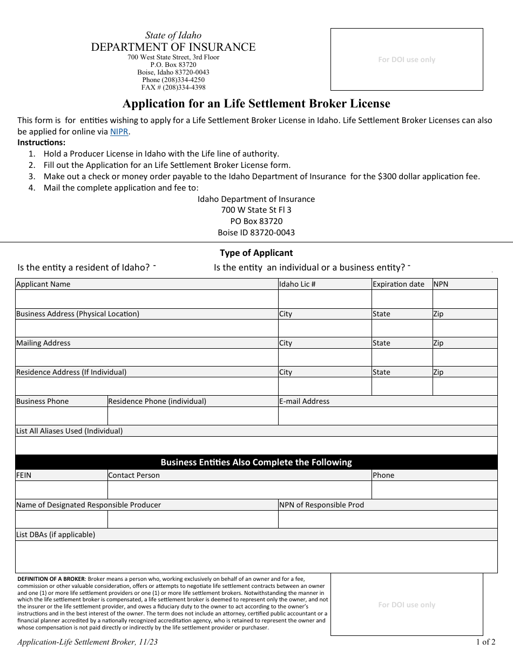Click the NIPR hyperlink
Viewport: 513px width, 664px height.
coord(119,131)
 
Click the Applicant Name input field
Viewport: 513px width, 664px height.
coord(146,299)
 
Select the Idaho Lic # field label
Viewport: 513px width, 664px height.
coord(297,284)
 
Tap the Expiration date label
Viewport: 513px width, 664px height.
coord(398,284)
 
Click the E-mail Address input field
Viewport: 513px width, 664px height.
coord(387,416)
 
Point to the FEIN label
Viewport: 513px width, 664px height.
coord(24,475)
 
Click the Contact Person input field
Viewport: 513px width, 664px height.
coord(239,490)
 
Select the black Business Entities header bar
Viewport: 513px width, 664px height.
coord(256,462)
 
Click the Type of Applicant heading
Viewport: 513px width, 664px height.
coord(256,253)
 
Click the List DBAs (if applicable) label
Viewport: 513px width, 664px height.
coord(56,534)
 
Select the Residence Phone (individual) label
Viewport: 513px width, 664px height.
coord(157,401)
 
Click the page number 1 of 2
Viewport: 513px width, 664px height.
coord(485,642)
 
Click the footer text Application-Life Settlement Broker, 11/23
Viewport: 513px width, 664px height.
coord(87,642)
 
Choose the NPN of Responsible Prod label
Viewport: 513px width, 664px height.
coord(321,505)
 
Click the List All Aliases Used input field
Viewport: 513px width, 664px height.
coord(256,445)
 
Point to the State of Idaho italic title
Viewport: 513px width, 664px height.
coord(173,35)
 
